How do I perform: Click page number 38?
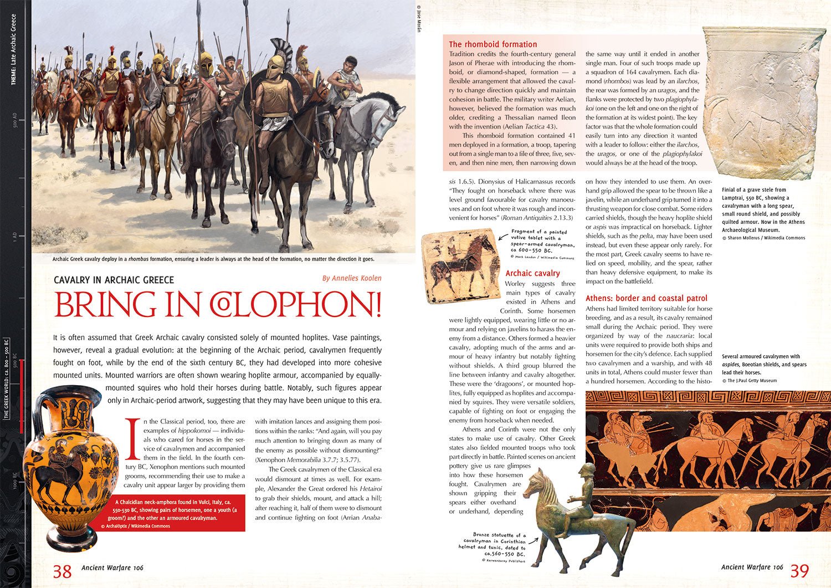point(63,571)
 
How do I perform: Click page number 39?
point(799,570)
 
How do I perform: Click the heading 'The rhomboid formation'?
point(493,44)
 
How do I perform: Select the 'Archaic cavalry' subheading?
point(532,273)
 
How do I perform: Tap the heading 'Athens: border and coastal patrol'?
point(646,298)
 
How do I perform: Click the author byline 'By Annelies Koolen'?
point(352,278)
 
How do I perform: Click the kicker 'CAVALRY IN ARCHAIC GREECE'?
point(114,280)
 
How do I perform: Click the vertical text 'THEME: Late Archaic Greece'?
point(14,50)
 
